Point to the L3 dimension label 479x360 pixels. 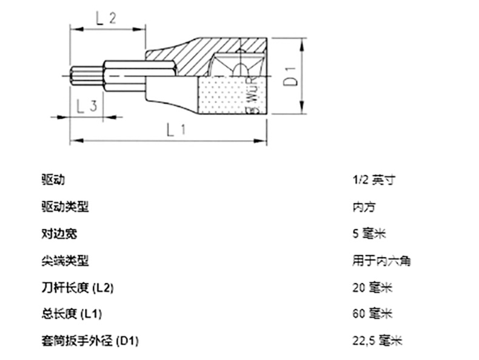(x=87, y=107)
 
